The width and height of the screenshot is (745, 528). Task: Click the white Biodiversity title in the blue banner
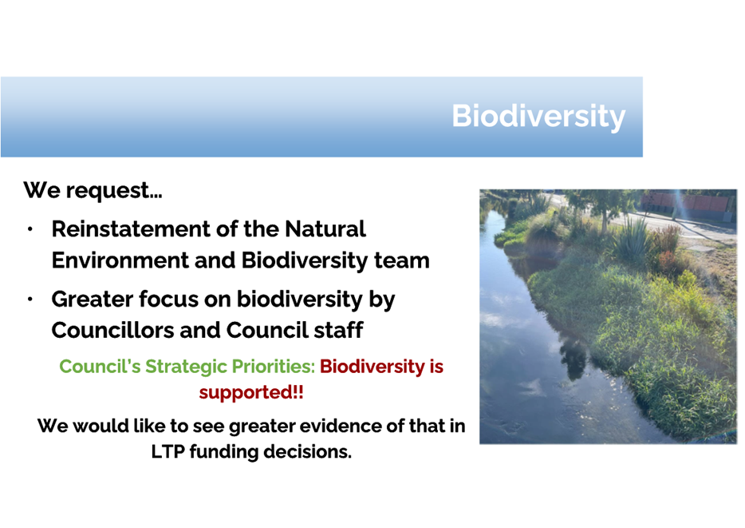pos(538,116)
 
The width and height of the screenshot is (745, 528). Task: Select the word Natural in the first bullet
pos(325,229)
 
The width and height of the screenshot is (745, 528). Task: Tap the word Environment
pos(120,260)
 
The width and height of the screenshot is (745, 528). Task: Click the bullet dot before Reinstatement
pos(30,229)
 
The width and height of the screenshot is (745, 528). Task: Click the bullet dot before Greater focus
pos(30,300)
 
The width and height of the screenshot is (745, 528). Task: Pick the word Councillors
pos(112,331)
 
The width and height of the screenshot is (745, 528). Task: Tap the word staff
pos(338,331)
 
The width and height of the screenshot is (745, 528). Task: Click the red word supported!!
pos(251,393)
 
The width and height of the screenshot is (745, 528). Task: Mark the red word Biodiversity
pos(372,367)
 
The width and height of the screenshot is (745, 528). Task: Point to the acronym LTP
pos(168,452)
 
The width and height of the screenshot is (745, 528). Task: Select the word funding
pos(224,452)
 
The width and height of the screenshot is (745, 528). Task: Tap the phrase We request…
pos(93,191)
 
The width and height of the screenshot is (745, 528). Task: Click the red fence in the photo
pos(687,203)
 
